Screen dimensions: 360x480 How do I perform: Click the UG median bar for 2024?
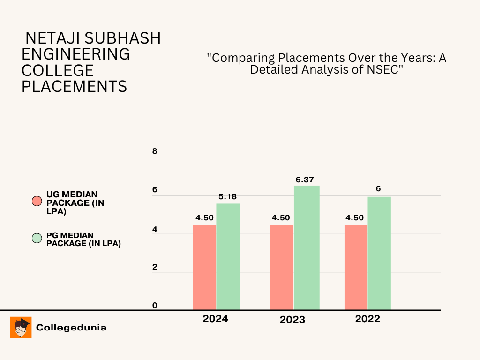click(204, 267)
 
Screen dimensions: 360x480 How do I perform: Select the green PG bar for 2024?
click(228, 256)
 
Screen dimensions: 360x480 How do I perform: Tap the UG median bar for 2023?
click(281, 267)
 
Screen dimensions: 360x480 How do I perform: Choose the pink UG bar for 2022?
click(356, 267)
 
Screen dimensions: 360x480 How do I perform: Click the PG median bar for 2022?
click(379, 253)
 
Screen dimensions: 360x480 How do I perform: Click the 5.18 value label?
click(227, 197)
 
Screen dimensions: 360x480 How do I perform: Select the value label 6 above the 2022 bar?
click(378, 189)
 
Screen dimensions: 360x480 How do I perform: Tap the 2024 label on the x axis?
click(215, 319)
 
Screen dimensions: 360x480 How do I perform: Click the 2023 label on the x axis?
click(292, 320)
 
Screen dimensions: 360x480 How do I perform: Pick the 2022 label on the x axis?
click(367, 319)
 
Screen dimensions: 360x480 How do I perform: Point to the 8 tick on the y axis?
click(155, 152)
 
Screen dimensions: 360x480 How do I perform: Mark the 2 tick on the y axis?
click(155, 267)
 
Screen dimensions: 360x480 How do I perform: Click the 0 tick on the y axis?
click(155, 306)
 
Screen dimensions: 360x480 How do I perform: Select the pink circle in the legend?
click(37, 201)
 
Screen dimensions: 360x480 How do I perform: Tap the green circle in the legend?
click(37, 239)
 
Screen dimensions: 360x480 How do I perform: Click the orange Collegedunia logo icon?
click(21, 327)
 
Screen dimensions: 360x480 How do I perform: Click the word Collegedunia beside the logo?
click(71, 328)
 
